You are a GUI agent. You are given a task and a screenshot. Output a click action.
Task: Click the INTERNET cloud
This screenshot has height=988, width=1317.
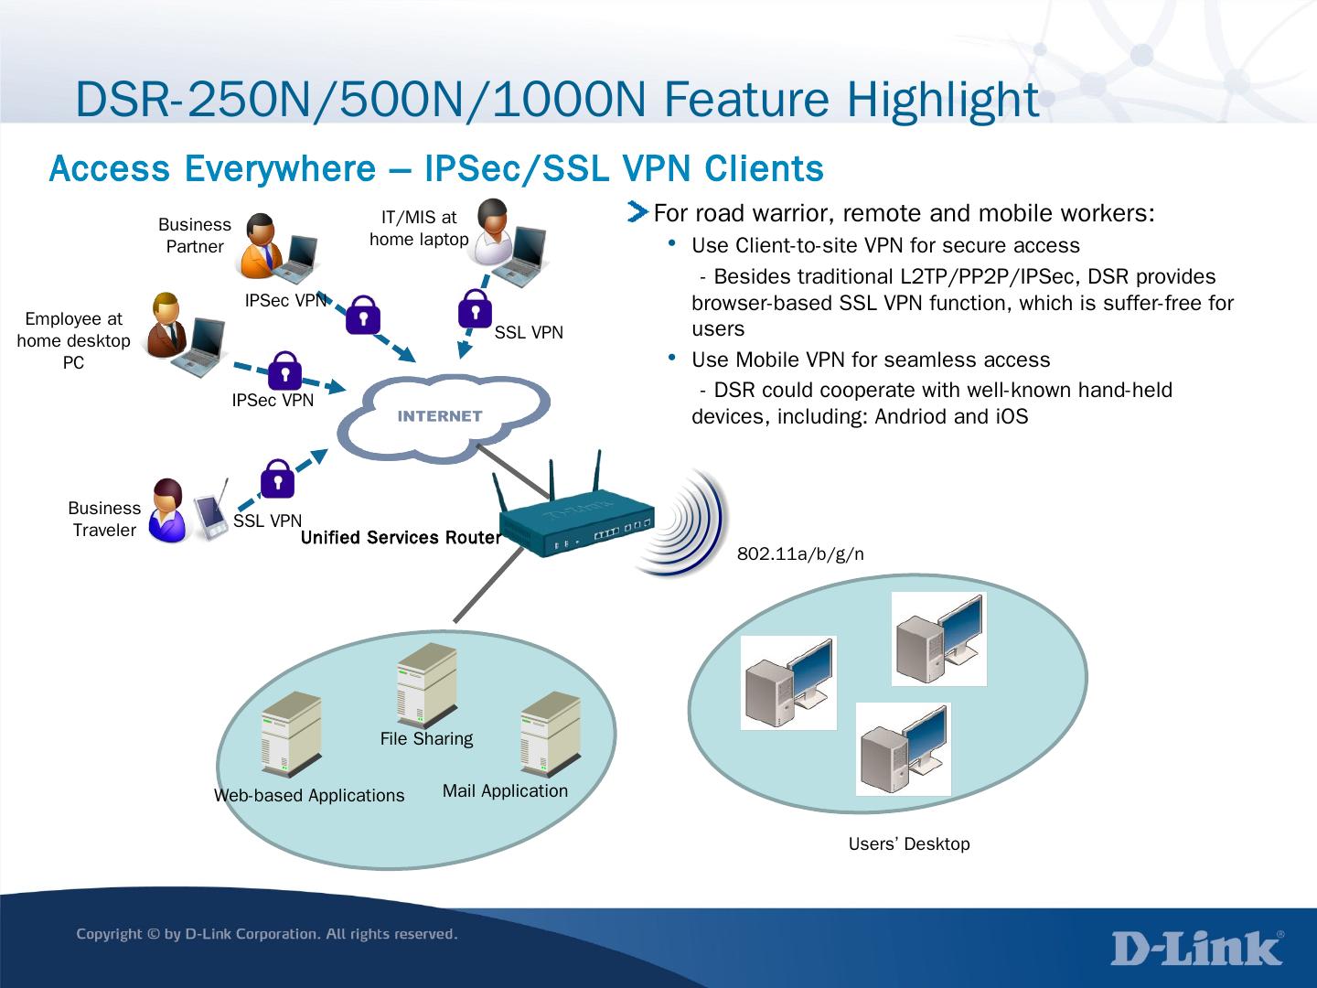click(443, 416)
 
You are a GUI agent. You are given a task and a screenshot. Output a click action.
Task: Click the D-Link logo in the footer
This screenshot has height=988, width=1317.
click(1197, 949)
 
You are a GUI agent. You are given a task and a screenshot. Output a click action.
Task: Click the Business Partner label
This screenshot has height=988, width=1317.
click(195, 235)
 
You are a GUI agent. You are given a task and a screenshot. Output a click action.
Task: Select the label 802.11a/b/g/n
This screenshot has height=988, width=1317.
click(800, 554)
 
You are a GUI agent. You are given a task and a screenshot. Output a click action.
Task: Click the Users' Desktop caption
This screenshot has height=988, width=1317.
click(909, 843)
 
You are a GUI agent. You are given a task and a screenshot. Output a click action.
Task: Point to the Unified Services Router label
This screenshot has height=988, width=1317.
click(401, 537)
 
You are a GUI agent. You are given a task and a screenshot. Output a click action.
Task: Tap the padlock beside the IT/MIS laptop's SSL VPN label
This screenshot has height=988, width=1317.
click(475, 309)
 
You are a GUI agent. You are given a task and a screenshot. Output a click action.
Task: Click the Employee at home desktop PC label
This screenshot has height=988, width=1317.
click(73, 340)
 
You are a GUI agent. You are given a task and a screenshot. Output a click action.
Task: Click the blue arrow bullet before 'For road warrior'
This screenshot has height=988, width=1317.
click(637, 213)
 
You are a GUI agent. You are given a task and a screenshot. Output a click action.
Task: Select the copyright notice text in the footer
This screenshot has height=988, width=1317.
click(266, 934)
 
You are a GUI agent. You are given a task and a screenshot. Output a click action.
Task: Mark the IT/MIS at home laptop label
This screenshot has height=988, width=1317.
click(419, 228)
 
